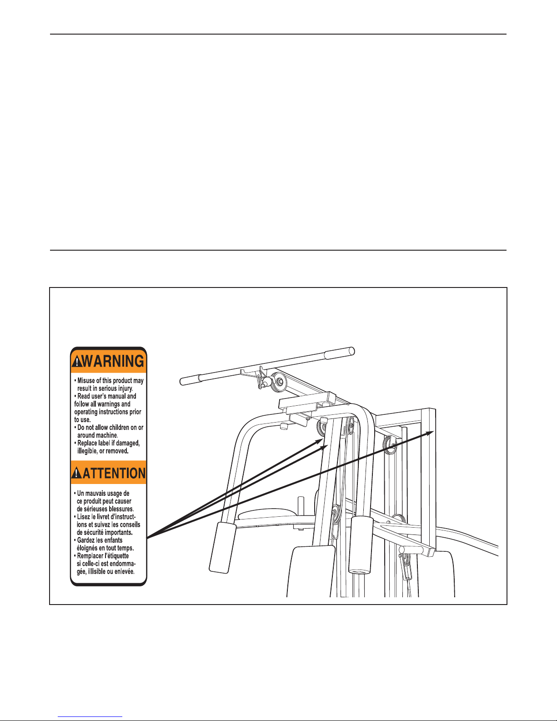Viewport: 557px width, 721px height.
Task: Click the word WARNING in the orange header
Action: coord(113,361)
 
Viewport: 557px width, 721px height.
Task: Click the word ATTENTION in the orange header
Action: coord(114,473)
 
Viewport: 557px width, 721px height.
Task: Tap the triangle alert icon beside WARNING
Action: coord(76,361)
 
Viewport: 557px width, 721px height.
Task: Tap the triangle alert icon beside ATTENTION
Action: coord(77,473)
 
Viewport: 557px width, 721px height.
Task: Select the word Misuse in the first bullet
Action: coord(86,381)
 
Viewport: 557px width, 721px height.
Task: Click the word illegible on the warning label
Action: coord(87,451)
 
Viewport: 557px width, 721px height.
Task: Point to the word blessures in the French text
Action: coord(121,509)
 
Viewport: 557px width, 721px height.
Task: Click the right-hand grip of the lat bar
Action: coord(339,353)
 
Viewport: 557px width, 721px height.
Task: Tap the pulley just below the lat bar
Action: coord(278,383)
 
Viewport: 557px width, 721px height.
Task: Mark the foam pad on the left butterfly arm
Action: coord(222,548)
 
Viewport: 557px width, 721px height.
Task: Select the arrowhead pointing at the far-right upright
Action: coord(430,432)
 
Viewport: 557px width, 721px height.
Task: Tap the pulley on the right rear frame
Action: coord(390,445)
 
